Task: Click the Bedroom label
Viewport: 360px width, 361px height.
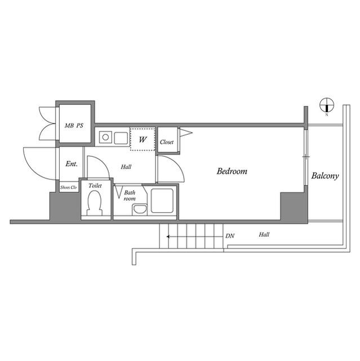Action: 232,171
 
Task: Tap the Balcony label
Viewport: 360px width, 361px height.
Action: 325,176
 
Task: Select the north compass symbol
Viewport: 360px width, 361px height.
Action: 327,105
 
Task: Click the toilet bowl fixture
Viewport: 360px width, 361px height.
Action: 94,204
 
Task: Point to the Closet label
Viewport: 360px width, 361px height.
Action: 167,142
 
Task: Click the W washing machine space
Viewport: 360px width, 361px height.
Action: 143,139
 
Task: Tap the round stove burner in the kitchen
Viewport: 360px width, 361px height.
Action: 105,138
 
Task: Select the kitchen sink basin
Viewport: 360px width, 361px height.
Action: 121,138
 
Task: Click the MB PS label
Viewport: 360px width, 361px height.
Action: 74,126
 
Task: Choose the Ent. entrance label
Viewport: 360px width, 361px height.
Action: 72,164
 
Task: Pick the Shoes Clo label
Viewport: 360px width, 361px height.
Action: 69,188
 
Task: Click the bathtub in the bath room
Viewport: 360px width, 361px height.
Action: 162,201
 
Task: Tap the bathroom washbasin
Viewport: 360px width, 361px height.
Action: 140,209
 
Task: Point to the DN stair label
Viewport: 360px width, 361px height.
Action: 230,236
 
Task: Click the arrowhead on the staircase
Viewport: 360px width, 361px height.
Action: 168,236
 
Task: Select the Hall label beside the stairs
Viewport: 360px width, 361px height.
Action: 264,235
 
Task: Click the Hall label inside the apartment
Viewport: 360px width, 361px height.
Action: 126,167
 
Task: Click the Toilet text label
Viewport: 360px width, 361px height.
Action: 95,186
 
